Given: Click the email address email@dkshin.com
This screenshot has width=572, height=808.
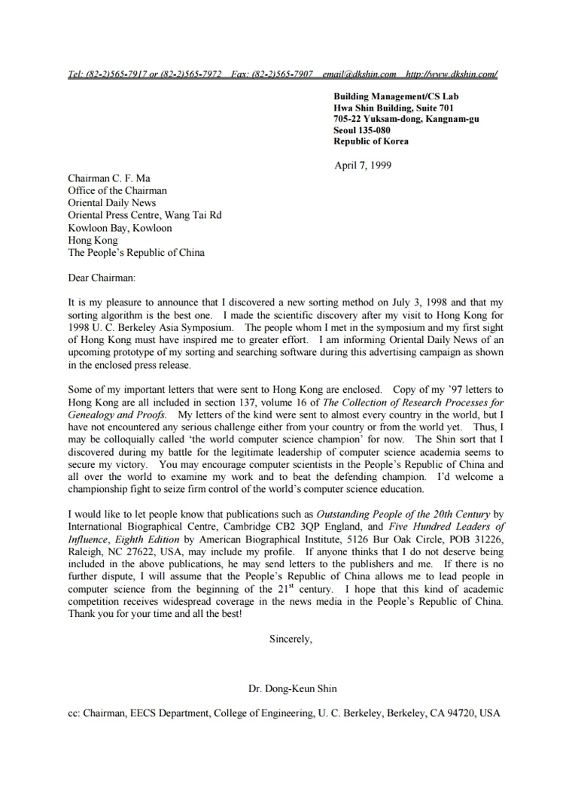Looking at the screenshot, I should coord(359,74).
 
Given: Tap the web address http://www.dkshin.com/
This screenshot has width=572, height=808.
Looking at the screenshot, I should coord(451,74).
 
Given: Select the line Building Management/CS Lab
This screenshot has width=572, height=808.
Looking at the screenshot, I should coord(396,96).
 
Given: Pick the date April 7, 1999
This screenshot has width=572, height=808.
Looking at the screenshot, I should coord(363,165).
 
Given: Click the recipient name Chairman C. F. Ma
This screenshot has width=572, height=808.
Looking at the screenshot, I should coord(109,178).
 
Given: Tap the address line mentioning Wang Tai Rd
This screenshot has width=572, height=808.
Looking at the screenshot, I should coord(145,215).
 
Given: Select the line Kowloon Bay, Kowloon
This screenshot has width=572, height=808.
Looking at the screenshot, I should coord(120,227).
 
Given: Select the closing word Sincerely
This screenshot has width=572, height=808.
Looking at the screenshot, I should coord(291,639).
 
